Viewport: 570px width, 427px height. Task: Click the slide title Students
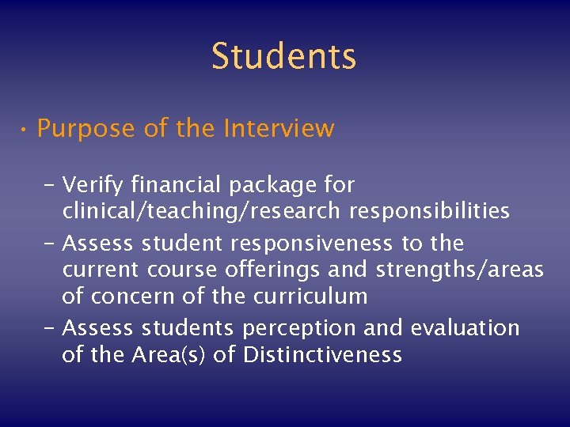284,56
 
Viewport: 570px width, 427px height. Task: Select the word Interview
279,128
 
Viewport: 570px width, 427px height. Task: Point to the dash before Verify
50,185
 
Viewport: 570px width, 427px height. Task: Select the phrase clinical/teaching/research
199,212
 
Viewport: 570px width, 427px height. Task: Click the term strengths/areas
459,270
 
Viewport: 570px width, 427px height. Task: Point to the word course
171,270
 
